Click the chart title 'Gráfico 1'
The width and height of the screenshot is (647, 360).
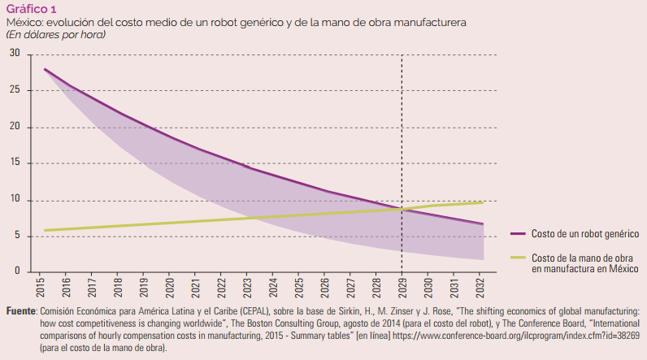click(x=32, y=9)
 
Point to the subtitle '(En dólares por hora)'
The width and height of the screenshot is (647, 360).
click(x=56, y=35)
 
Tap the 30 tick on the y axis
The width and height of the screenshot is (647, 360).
click(x=15, y=53)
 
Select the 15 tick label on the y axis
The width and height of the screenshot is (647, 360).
click(x=15, y=162)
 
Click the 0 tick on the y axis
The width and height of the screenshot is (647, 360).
click(x=17, y=271)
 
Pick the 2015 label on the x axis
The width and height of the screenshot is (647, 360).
click(x=41, y=287)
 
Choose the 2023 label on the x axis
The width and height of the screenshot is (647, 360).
click(x=247, y=287)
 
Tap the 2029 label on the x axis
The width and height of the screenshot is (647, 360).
click(x=402, y=287)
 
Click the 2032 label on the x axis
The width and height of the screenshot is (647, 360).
click(x=480, y=287)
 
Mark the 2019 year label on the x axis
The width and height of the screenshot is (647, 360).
click(x=144, y=287)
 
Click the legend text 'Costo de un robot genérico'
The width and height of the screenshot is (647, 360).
click(x=585, y=234)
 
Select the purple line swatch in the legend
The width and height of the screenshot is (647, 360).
click(x=518, y=233)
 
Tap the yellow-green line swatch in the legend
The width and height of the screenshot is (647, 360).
click(x=518, y=258)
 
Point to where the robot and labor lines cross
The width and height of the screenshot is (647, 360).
click(x=402, y=209)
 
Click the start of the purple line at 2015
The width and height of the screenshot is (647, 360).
click(x=45, y=69)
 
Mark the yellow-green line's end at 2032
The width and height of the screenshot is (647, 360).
click(x=483, y=202)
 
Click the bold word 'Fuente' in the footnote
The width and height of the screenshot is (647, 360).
click(x=21, y=311)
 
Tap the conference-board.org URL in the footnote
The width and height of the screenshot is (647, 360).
click(x=516, y=336)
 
